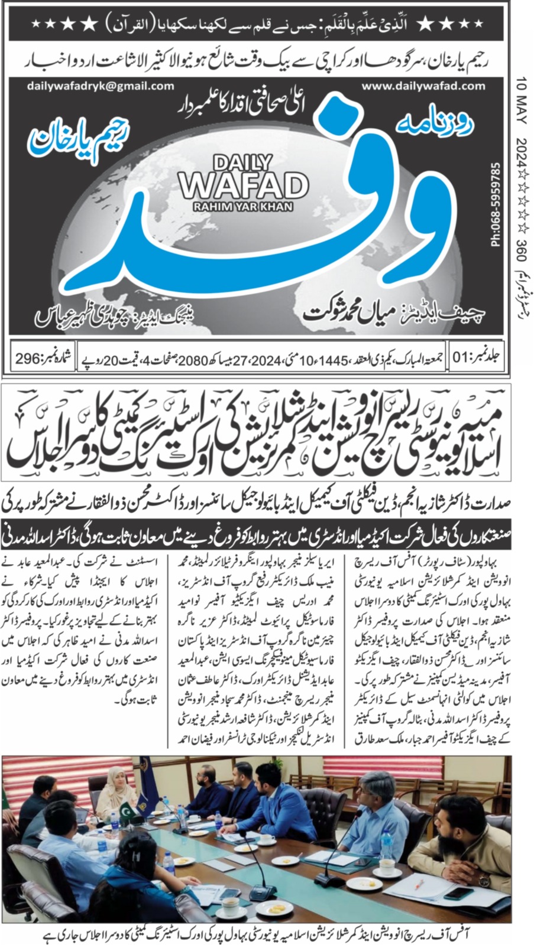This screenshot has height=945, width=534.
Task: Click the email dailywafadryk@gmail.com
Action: pyautogui.click(x=101, y=86)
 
